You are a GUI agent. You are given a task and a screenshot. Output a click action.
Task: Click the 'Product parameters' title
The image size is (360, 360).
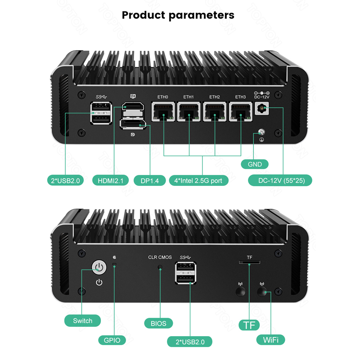[x=178, y=15]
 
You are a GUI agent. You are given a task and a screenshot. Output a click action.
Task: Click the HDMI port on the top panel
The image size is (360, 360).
[x=133, y=108]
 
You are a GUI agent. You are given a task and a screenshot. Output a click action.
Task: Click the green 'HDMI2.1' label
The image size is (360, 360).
[x=110, y=180]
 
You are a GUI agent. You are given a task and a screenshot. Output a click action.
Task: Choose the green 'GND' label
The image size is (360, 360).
[x=255, y=164]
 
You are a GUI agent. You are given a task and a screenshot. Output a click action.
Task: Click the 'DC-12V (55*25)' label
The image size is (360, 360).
[x=280, y=180]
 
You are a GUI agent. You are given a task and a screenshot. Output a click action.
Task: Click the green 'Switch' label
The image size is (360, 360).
[x=82, y=320]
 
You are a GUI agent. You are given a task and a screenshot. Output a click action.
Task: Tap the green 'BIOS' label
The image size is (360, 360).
[x=158, y=323]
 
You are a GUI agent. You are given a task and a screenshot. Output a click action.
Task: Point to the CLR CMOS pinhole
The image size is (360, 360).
[x=160, y=267]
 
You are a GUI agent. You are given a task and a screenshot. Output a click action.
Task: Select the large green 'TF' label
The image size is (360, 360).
[x=249, y=324]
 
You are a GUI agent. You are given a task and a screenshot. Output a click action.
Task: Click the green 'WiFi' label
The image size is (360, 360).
[x=270, y=339]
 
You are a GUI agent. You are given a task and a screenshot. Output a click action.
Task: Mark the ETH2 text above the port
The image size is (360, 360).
[x=215, y=97]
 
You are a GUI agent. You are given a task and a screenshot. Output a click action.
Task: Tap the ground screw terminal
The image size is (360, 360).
[x=260, y=132]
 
